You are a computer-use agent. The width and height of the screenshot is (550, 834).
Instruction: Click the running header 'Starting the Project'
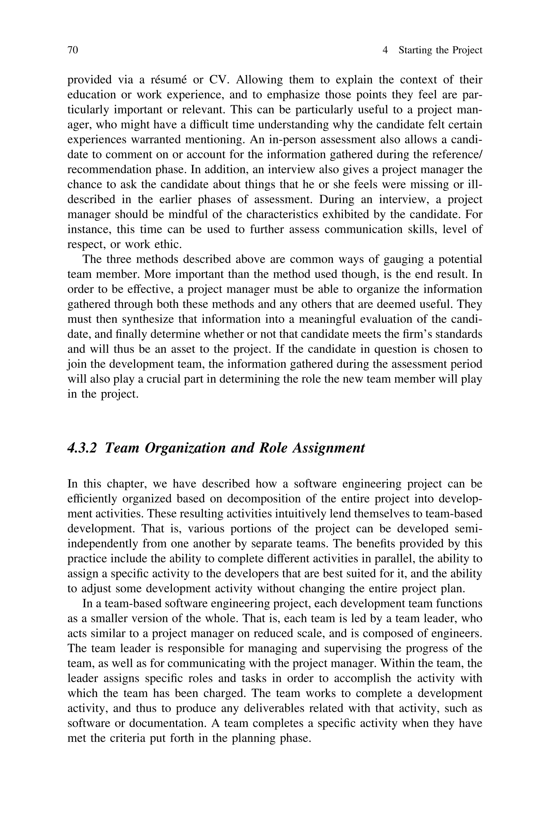click(440, 50)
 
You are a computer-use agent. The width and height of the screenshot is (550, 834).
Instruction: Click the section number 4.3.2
click(82, 448)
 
